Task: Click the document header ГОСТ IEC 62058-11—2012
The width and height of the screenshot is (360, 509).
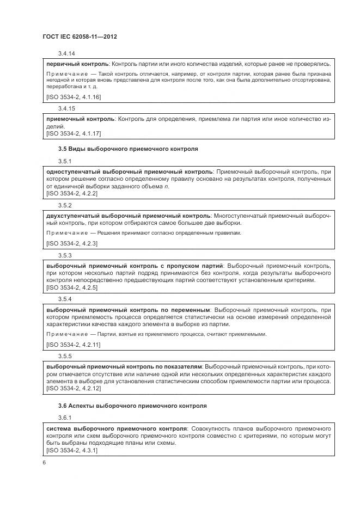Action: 80,36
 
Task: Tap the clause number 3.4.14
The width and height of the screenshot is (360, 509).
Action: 66,53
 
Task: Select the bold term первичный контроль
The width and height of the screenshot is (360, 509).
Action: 75,64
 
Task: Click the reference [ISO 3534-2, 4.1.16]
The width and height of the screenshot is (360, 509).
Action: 74,97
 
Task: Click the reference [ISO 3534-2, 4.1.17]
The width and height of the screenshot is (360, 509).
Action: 74,133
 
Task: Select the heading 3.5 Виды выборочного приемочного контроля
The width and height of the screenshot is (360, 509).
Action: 128,148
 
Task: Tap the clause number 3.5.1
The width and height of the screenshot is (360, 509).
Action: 65,162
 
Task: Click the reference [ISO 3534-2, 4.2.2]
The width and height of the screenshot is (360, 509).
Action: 72,194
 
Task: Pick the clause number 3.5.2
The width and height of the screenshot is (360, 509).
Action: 65,205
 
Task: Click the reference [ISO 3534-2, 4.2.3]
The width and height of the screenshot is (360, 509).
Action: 72,243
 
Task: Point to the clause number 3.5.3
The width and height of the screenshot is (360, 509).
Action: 65,255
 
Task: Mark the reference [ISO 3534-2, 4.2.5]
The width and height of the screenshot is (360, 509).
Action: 72,287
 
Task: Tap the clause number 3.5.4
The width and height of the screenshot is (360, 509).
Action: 65,299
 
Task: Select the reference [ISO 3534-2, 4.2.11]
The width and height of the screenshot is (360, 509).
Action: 74,344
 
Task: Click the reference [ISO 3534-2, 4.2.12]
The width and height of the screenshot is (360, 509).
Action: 74,389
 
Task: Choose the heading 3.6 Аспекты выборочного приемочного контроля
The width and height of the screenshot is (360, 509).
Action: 132,406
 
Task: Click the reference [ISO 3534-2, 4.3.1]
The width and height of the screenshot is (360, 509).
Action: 72,451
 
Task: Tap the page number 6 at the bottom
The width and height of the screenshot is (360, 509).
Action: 44,463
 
